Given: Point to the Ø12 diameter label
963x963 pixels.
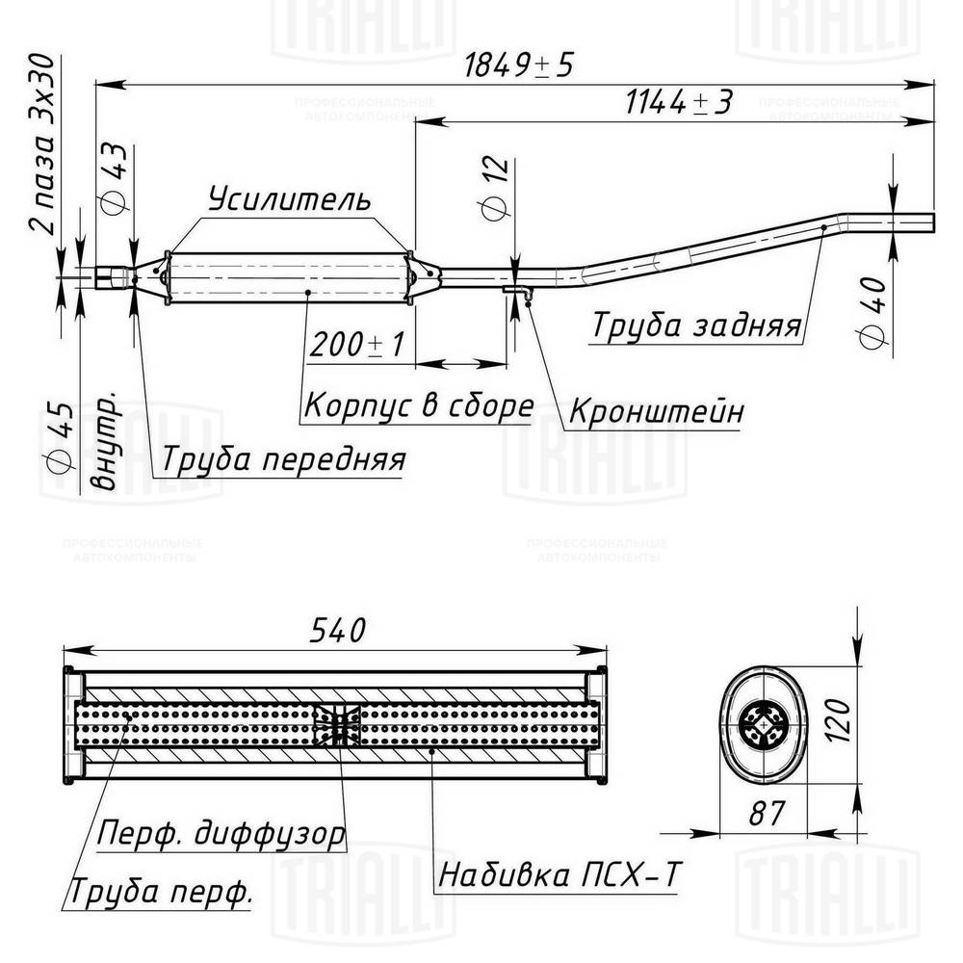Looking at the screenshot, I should tap(494, 188).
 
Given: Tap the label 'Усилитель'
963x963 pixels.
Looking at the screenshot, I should tap(288, 199).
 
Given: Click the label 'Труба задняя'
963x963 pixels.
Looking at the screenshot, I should tap(696, 325).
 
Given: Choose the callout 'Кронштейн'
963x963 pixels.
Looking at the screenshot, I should tap(656, 411).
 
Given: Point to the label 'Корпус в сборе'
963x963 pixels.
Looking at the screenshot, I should tap(418, 406).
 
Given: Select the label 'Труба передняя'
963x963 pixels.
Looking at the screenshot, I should tap(282, 459).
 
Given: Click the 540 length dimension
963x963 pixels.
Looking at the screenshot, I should tap(337, 630).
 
